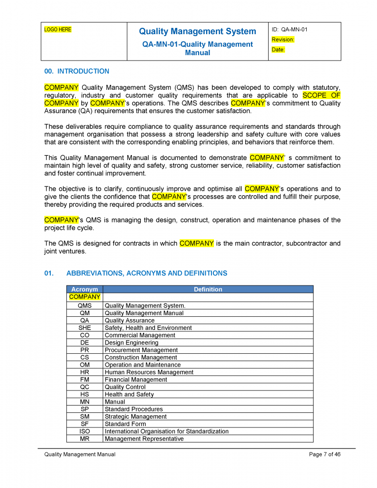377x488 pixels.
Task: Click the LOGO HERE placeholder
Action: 58,30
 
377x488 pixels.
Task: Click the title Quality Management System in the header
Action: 197,32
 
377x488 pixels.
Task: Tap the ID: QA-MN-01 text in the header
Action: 290,30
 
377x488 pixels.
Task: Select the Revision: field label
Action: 283,40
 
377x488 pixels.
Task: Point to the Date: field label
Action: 278,50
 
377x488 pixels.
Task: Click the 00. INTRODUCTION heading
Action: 77,71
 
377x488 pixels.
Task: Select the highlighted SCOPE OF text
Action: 321,96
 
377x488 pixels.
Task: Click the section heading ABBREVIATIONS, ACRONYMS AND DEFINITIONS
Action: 147,273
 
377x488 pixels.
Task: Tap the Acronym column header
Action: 84,289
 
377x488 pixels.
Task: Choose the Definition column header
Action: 208,289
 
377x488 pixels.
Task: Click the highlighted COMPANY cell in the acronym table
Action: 84,297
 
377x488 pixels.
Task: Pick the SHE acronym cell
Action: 84,328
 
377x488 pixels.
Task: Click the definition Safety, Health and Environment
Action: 148,328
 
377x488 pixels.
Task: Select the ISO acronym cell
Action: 84,431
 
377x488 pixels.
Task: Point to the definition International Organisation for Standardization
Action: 167,431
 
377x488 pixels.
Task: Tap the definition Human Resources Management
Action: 149,372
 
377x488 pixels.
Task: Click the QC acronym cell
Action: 84,387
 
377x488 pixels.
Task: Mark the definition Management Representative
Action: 144,439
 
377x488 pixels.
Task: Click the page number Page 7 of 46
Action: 325,455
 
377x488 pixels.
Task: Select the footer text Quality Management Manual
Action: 80,455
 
